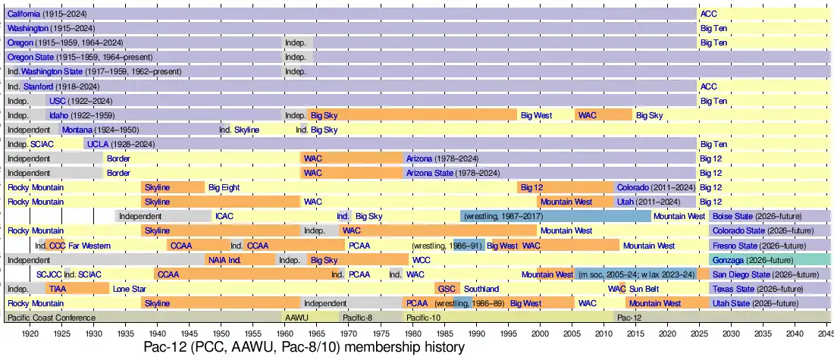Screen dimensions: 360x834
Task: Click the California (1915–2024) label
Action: coord(47,14)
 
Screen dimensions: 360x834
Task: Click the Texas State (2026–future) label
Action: coord(748,289)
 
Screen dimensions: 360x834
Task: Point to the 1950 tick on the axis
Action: coord(221,333)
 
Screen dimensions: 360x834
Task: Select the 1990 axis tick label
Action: coord(476,333)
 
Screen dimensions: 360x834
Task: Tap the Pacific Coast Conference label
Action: coord(52,318)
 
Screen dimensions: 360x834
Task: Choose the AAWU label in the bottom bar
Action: coord(295,318)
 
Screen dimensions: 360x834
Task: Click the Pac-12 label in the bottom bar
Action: coord(629,318)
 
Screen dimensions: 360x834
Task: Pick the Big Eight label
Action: coord(224,187)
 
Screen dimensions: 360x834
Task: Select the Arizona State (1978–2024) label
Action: coord(453,173)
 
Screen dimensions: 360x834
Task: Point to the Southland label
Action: coord(481,289)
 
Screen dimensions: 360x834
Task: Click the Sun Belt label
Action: coord(644,289)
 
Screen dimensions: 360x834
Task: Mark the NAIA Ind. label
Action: coord(224,260)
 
